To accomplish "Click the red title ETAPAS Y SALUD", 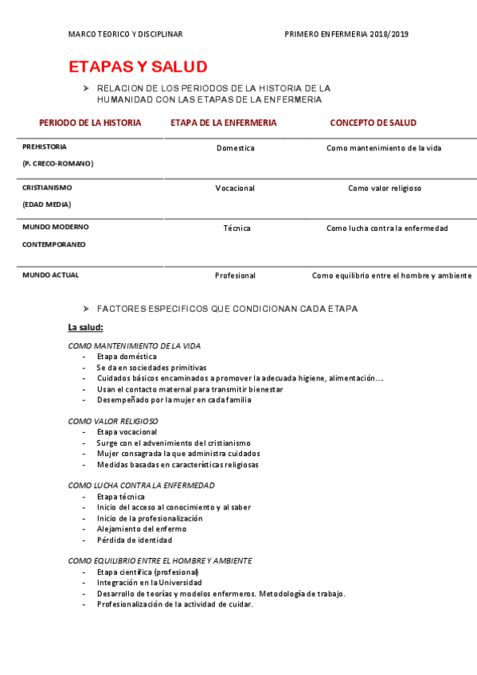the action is (138, 66).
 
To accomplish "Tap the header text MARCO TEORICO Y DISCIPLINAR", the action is (126, 34).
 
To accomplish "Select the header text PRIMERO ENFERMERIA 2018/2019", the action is (346, 34).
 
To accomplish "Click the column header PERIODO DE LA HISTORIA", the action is (90, 123).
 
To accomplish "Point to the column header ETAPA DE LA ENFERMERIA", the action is (224, 123).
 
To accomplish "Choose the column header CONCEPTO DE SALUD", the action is (373, 123).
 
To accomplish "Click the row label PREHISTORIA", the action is (45, 147).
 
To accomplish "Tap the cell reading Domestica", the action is (235, 148).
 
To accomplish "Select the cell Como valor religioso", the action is (385, 189).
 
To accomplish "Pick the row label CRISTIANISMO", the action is (47, 188).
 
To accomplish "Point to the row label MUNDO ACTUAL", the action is (50, 275).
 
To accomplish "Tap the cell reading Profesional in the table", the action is (235, 275).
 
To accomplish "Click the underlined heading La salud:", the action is (85, 327).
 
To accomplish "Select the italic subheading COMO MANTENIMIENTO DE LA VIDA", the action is (135, 346).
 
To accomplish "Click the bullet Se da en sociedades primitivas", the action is (151, 368).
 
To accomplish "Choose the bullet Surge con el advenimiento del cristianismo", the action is (174, 443).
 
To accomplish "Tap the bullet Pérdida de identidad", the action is (134, 540).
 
